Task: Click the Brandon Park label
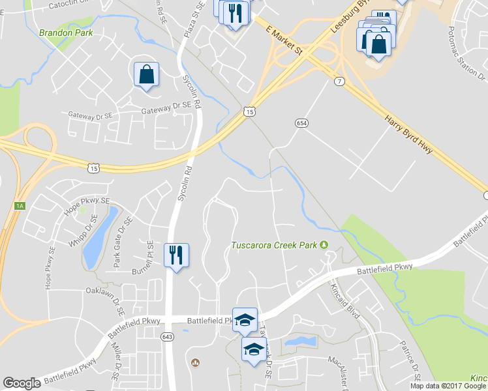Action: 66,33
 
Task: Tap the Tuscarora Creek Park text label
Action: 275,246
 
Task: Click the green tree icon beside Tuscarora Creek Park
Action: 323,245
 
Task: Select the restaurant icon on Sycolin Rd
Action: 175,254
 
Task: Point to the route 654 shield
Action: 301,123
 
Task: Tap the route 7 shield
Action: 339,81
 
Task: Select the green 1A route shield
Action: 20,206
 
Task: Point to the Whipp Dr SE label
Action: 83,232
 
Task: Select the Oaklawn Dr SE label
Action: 104,291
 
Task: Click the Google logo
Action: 22,383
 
